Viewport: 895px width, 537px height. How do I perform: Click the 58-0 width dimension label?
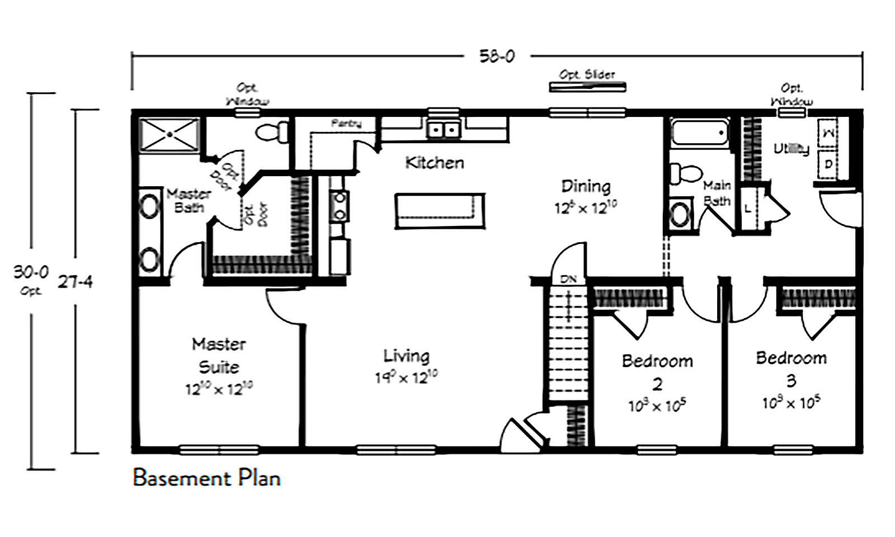496,56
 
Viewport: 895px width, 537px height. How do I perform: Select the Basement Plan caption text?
206,478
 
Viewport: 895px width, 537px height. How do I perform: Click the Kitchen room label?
434,163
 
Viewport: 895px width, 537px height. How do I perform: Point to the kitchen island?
439,210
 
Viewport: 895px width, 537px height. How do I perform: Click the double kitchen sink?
443,130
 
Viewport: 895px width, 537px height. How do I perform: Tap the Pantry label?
346,123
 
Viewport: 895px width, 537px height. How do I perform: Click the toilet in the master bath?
271,133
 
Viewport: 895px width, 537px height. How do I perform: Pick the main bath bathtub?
700,133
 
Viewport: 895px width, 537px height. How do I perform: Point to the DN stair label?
568,279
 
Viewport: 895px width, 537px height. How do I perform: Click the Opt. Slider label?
587,74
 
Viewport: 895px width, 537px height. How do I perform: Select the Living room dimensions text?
406,378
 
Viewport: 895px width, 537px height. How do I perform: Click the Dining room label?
585,186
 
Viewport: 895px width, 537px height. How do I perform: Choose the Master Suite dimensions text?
219,388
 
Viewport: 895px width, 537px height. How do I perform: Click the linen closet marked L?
747,209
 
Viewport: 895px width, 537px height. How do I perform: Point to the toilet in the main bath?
683,173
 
